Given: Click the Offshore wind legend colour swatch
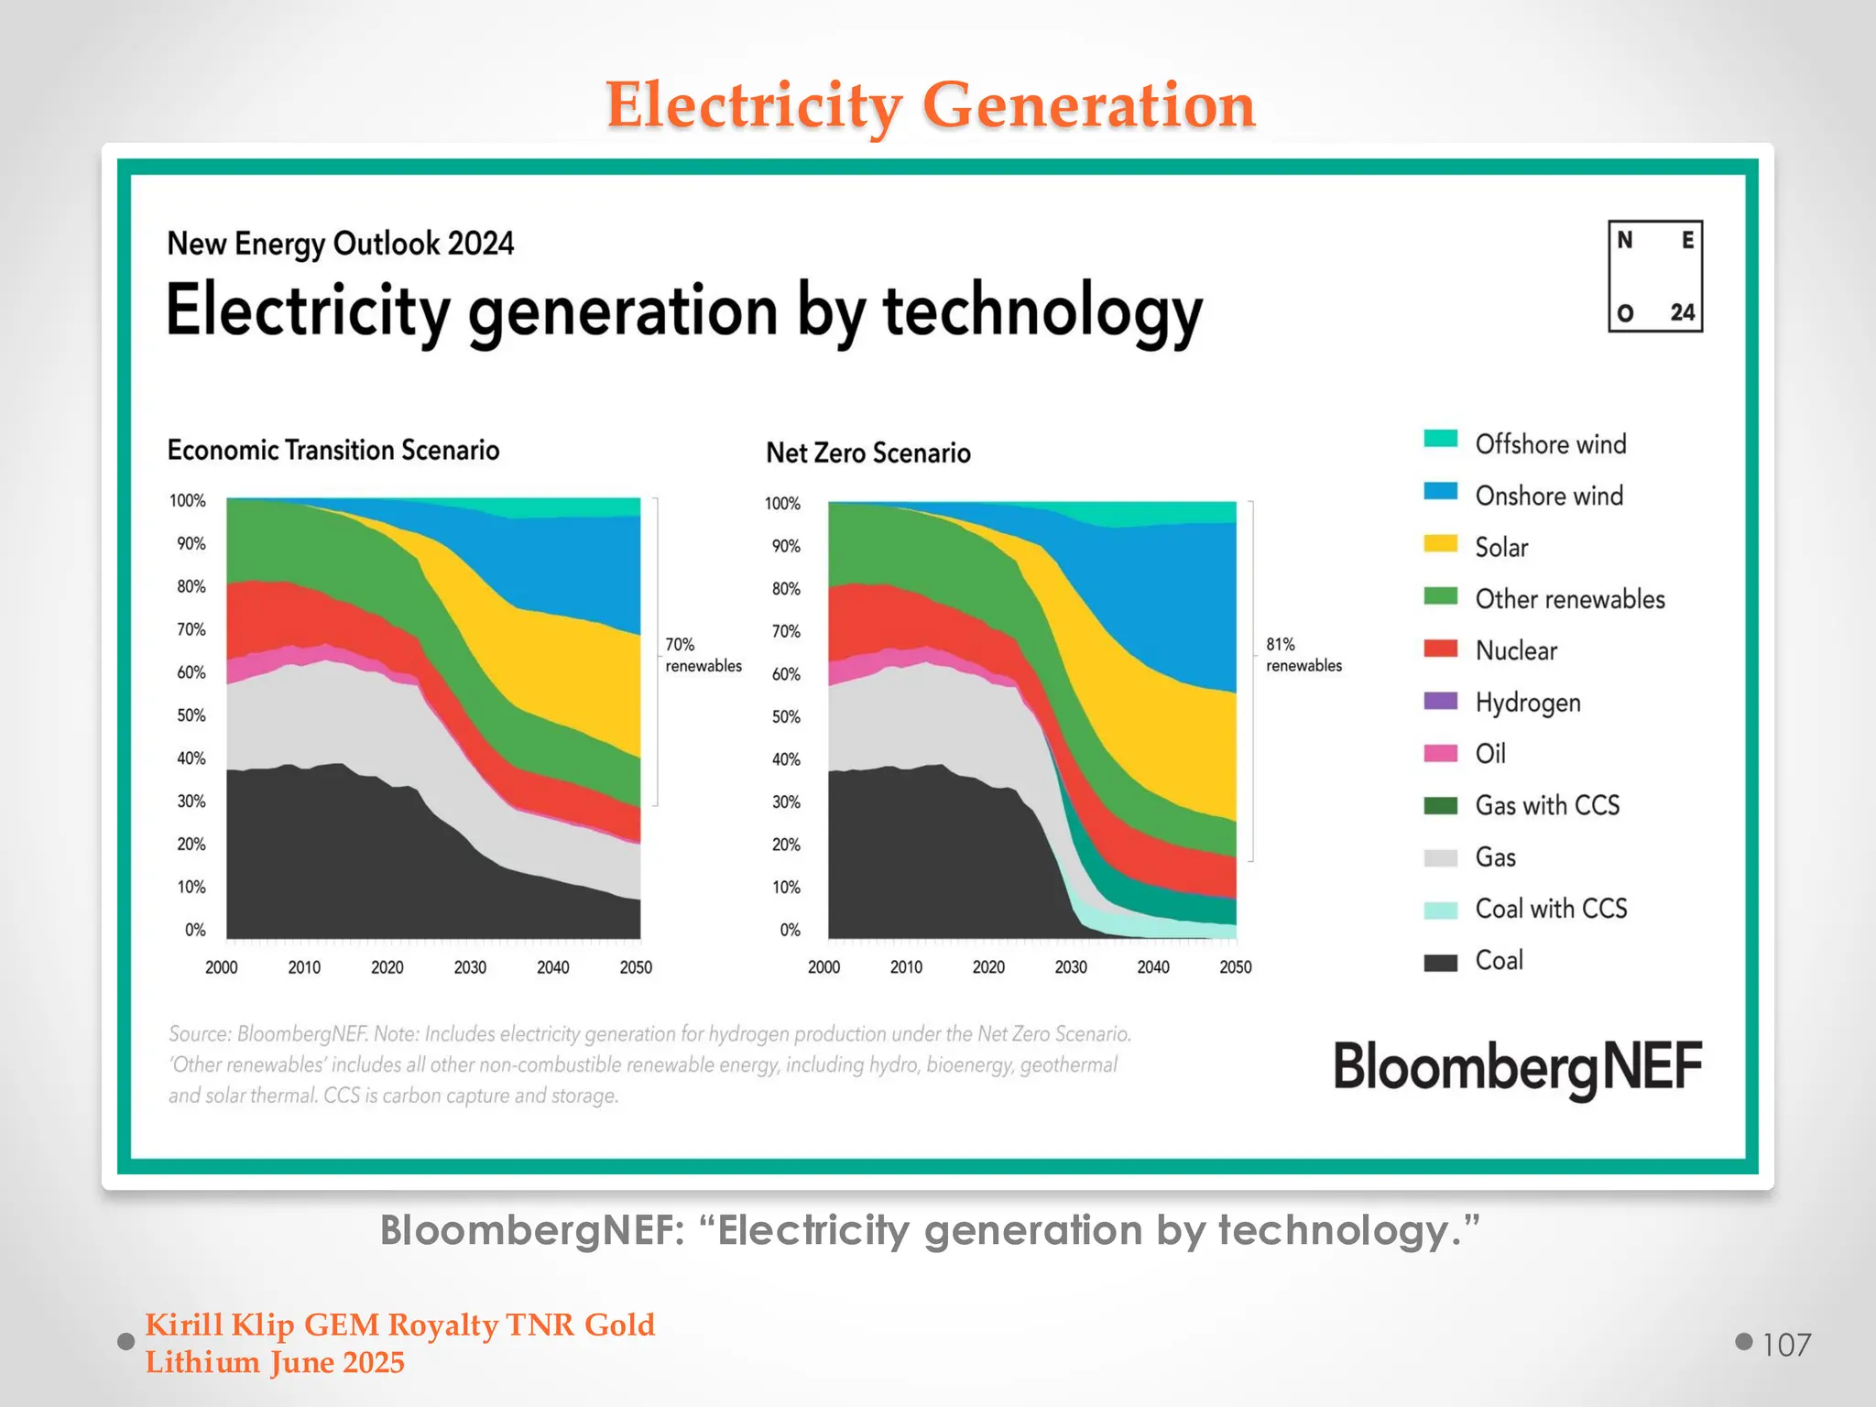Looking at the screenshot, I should point(1440,439).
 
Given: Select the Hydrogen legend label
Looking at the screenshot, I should point(1527,703).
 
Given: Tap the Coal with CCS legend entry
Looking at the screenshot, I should point(1550,909).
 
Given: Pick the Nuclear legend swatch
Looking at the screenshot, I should point(1440,649).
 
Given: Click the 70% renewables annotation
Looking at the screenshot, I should point(703,655).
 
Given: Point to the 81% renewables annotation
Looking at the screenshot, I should point(1303,655).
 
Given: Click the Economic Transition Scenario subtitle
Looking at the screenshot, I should point(333,450).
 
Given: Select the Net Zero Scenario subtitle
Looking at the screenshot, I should point(867,453).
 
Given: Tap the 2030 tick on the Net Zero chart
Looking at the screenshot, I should point(1070,967).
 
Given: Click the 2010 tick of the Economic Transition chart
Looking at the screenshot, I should point(304,967).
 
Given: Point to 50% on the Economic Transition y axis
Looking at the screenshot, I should point(191,715).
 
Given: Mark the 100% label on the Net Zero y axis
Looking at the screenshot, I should point(782,504).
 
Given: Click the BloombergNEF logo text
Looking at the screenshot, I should point(1517,1068).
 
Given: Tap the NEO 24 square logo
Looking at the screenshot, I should point(1654,276).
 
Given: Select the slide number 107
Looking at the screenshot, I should point(1786,1345).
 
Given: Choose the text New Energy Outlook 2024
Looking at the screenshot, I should point(340,244).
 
